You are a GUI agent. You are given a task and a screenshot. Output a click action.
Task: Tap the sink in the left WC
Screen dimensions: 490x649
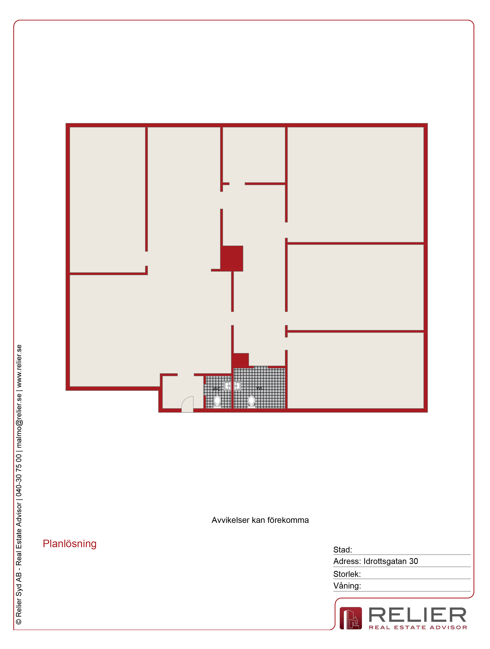point(227,386)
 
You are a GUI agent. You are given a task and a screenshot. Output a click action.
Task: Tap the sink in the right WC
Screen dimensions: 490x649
point(237,386)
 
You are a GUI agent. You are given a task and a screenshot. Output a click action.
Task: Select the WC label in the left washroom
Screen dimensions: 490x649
point(217,389)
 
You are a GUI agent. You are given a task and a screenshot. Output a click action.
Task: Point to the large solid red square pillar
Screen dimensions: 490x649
point(232,258)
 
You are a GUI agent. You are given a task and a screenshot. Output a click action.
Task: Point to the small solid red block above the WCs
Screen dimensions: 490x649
point(241,360)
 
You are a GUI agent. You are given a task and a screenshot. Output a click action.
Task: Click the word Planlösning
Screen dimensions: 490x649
point(70,544)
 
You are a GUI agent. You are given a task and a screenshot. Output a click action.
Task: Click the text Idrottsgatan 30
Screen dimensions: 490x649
point(391,561)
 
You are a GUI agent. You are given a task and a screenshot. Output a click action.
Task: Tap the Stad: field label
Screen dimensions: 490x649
point(342,550)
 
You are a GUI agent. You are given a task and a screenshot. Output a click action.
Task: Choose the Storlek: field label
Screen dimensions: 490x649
point(347,574)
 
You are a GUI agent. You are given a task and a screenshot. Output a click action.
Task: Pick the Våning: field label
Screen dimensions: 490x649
point(347,586)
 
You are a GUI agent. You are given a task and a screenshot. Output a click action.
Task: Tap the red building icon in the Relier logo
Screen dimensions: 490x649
point(351,618)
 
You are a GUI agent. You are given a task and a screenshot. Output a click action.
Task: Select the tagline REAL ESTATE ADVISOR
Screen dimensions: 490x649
point(418,627)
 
